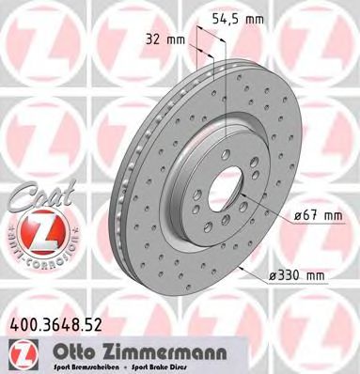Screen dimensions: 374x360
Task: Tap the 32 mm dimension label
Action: click(x=164, y=40)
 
